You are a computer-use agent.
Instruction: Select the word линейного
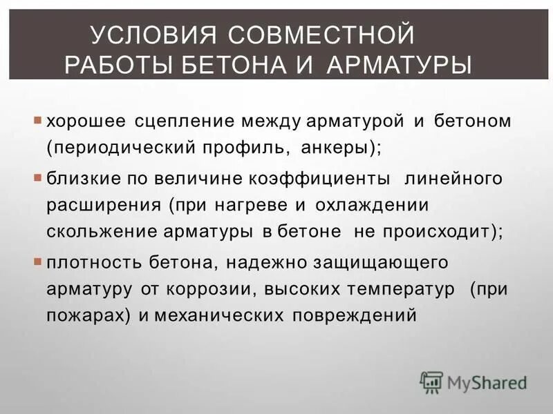point(452,179)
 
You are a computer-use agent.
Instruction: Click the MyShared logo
point(474,382)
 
